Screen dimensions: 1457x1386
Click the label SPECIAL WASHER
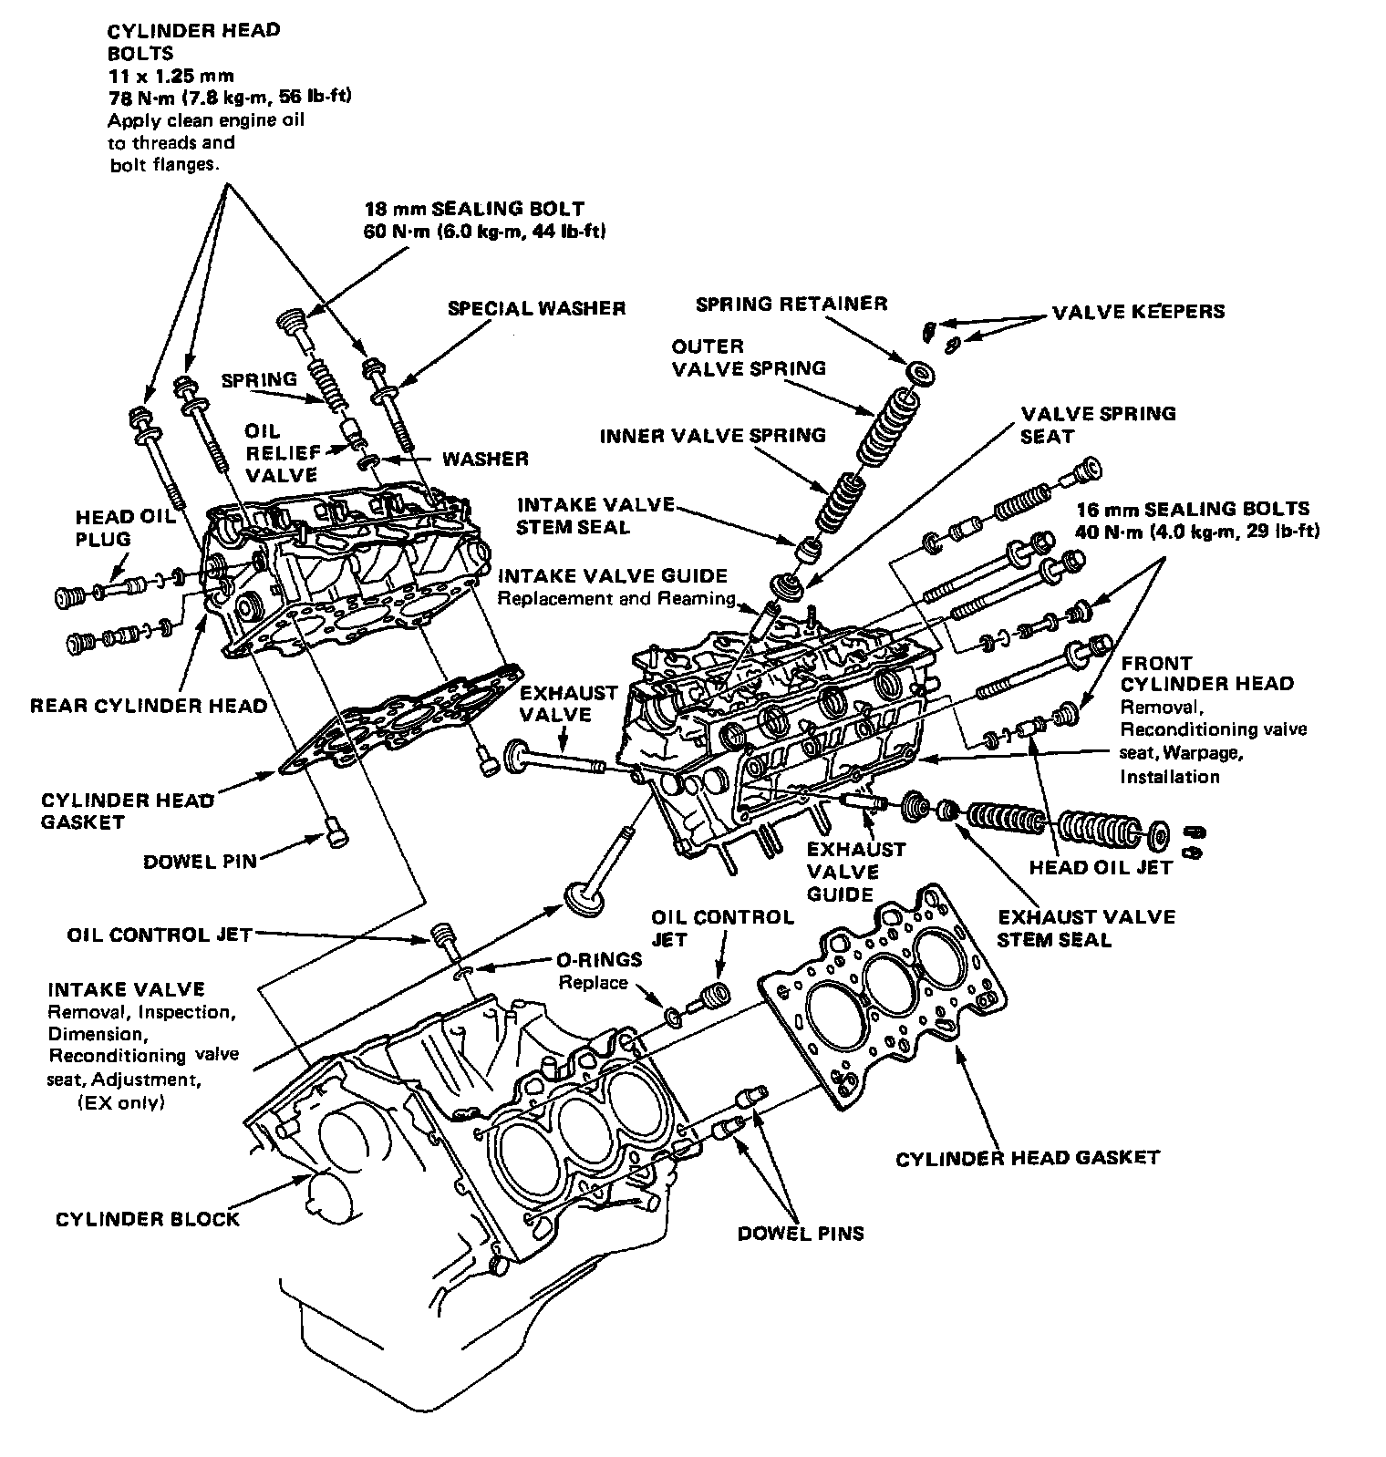[536, 308]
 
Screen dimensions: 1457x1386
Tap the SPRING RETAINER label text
[791, 304]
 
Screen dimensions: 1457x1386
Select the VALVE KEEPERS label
[1138, 312]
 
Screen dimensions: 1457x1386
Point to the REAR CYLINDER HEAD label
[149, 706]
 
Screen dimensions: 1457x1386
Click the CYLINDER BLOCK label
[148, 1219]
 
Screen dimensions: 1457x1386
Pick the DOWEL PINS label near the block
[801, 1234]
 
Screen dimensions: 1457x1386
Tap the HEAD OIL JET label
[1100, 868]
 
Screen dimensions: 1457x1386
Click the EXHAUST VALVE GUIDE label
[855, 872]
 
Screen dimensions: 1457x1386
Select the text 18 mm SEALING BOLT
[474, 209]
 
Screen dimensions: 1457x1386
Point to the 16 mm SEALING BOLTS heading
[1193, 509]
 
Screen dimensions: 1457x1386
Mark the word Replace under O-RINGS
[593, 983]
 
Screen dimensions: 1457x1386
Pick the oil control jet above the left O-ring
[443, 936]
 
